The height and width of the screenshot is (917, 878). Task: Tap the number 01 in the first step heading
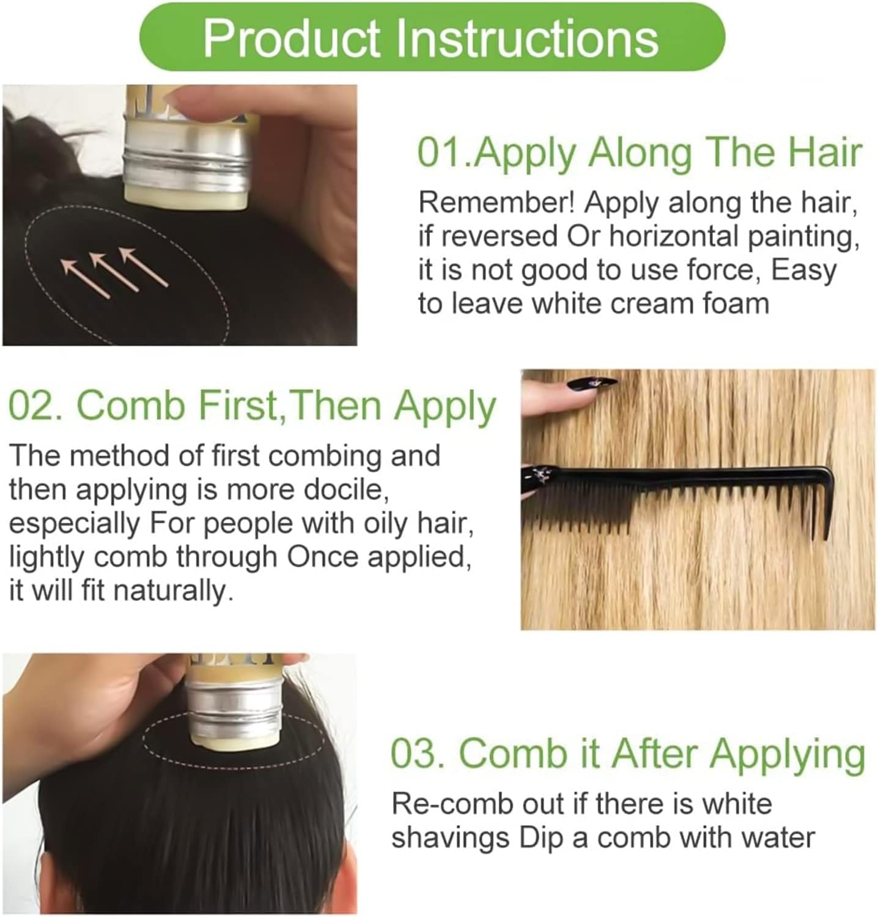[x=438, y=152]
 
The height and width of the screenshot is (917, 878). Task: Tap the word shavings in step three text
[x=451, y=838]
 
